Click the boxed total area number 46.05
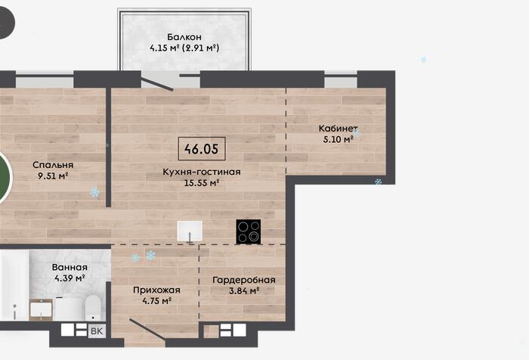[202, 148]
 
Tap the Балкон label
[184, 37]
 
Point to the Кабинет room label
[338, 129]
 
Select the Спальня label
[53, 165]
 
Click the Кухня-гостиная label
[202, 172]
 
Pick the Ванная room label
[70, 268]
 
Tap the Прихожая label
[156, 290]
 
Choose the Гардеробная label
[244, 280]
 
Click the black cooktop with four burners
[249, 231]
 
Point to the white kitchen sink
[190, 231]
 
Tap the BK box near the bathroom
[97, 331]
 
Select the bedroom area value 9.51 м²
[53, 176]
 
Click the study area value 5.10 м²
[338, 139]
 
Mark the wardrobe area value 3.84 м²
[244, 290]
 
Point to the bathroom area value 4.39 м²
[70, 278]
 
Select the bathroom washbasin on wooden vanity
[41, 309]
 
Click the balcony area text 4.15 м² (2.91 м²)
[184, 48]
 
